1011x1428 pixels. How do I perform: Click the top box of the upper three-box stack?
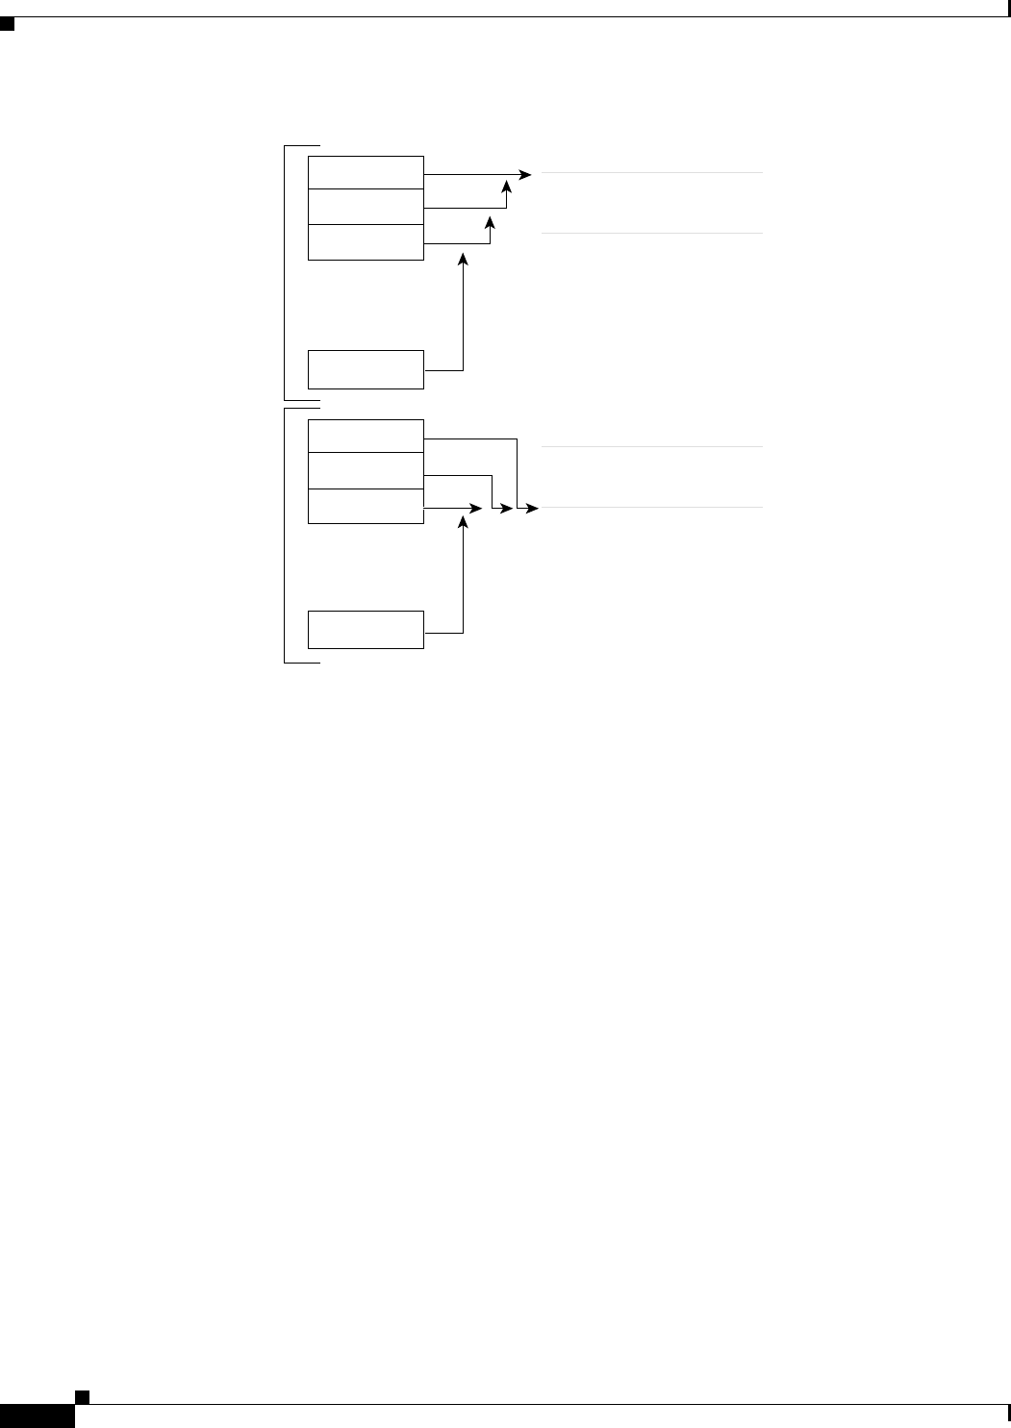[366, 172]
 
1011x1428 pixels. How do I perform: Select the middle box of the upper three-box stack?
[366, 207]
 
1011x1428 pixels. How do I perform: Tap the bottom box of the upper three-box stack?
[366, 241]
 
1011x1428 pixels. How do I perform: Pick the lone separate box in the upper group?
[366, 369]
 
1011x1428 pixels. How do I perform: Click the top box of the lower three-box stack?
[366, 437]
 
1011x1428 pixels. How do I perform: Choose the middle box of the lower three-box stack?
[366, 471]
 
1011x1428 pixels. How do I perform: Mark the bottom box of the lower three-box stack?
[366, 506]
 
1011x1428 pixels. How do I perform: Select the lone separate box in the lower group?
[366, 629]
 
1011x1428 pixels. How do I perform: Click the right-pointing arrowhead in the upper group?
[525, 175]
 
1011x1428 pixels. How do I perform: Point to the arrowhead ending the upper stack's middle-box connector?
[507, 195]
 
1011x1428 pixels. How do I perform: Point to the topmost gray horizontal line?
[652, 173]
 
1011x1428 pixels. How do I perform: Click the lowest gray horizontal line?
[652, 507]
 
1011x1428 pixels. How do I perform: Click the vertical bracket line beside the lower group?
[285, 536]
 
